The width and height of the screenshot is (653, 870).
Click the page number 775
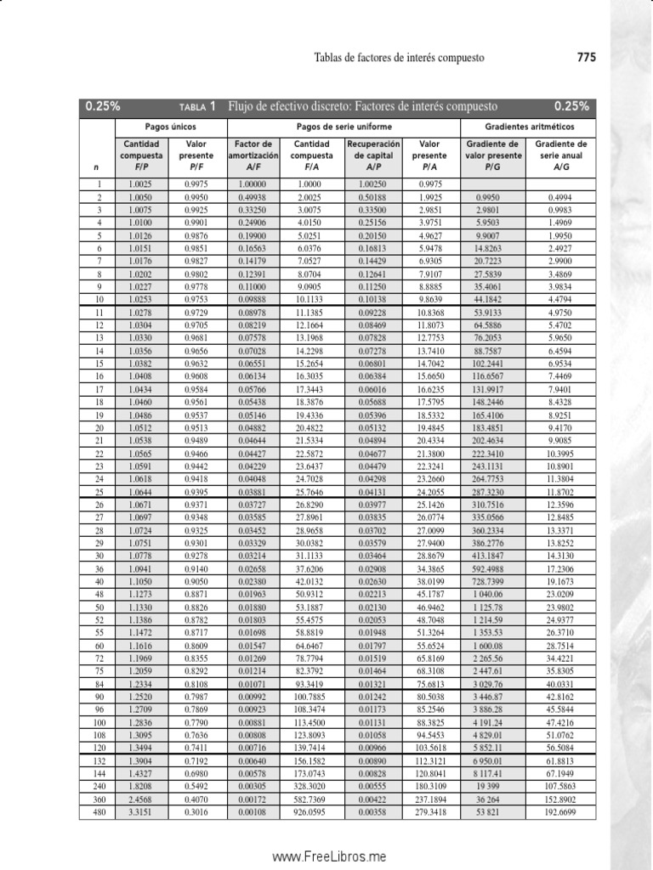tap(586, 58)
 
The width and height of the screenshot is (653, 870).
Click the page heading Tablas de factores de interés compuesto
tap(399, 58)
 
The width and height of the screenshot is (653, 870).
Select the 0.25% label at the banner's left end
tap(102, 107)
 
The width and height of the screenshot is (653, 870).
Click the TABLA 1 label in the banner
tap(197, 107)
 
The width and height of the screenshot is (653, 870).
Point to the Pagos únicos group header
tap(171, 126)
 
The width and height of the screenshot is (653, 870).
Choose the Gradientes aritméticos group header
tap(528, 126)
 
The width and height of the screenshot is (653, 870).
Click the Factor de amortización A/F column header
tap(253, 155)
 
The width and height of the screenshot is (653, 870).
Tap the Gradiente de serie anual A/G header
tap(561, 155)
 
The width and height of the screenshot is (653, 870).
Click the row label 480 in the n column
tap(99, 812)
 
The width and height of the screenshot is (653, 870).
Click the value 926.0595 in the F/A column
tap(312, 812)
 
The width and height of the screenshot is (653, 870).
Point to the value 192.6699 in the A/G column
tap(560, 812)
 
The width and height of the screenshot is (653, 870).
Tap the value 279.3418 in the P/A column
tap(429, 812)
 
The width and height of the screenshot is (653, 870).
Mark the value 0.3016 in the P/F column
tap(196, 812)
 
